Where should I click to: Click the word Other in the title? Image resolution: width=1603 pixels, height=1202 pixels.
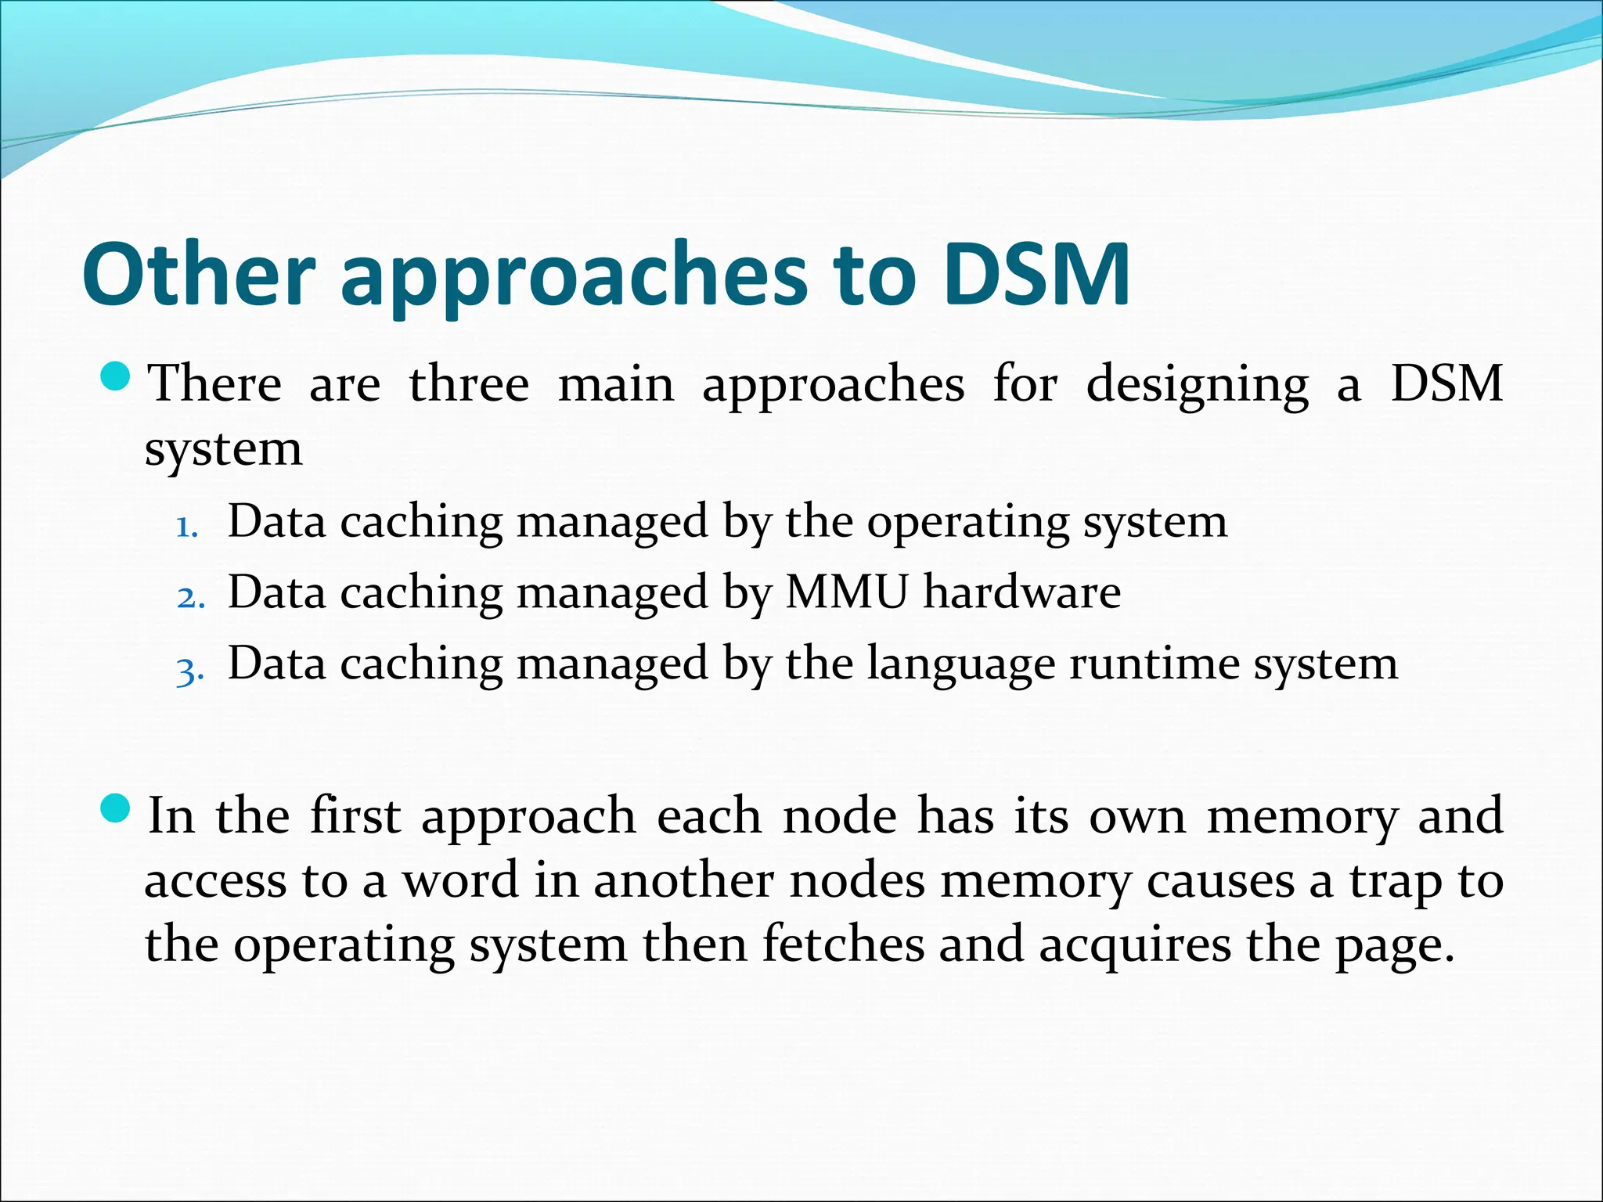point(197,274)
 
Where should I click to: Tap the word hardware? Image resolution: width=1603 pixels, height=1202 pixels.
point(1021,592)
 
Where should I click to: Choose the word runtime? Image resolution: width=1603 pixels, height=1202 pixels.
point(1155,664)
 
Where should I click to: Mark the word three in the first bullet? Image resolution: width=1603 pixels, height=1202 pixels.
point(469,384)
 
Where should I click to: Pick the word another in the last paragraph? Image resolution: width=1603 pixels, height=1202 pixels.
point(683,880)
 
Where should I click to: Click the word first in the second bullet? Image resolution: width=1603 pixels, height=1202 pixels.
point(355,815)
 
